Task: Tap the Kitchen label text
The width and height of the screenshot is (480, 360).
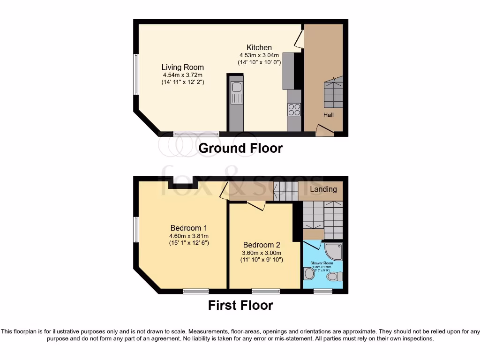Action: tap(259, 47)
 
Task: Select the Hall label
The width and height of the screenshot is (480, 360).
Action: tap(328, 114)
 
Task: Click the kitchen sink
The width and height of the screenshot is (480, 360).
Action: tap(236, 87)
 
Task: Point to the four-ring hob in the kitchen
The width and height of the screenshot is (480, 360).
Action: tap(294, 109)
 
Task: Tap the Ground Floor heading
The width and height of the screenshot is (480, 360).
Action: tap(240, 148)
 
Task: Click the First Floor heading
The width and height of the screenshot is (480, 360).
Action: tap(240, 306)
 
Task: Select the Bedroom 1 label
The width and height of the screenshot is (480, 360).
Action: tap(189, 228)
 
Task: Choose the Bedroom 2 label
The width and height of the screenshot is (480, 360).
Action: tap(262, 245)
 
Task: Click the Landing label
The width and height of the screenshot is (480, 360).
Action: tap(323, 189)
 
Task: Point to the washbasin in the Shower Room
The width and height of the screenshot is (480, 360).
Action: tap(309, 273)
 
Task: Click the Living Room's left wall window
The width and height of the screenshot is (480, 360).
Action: tap(136, 75)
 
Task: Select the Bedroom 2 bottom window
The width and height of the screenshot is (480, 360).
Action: tap(266, 291)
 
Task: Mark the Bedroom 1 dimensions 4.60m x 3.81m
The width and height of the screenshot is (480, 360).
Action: tap(189, 236)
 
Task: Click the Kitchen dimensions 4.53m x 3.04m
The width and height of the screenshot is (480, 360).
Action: tap(259, 55)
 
